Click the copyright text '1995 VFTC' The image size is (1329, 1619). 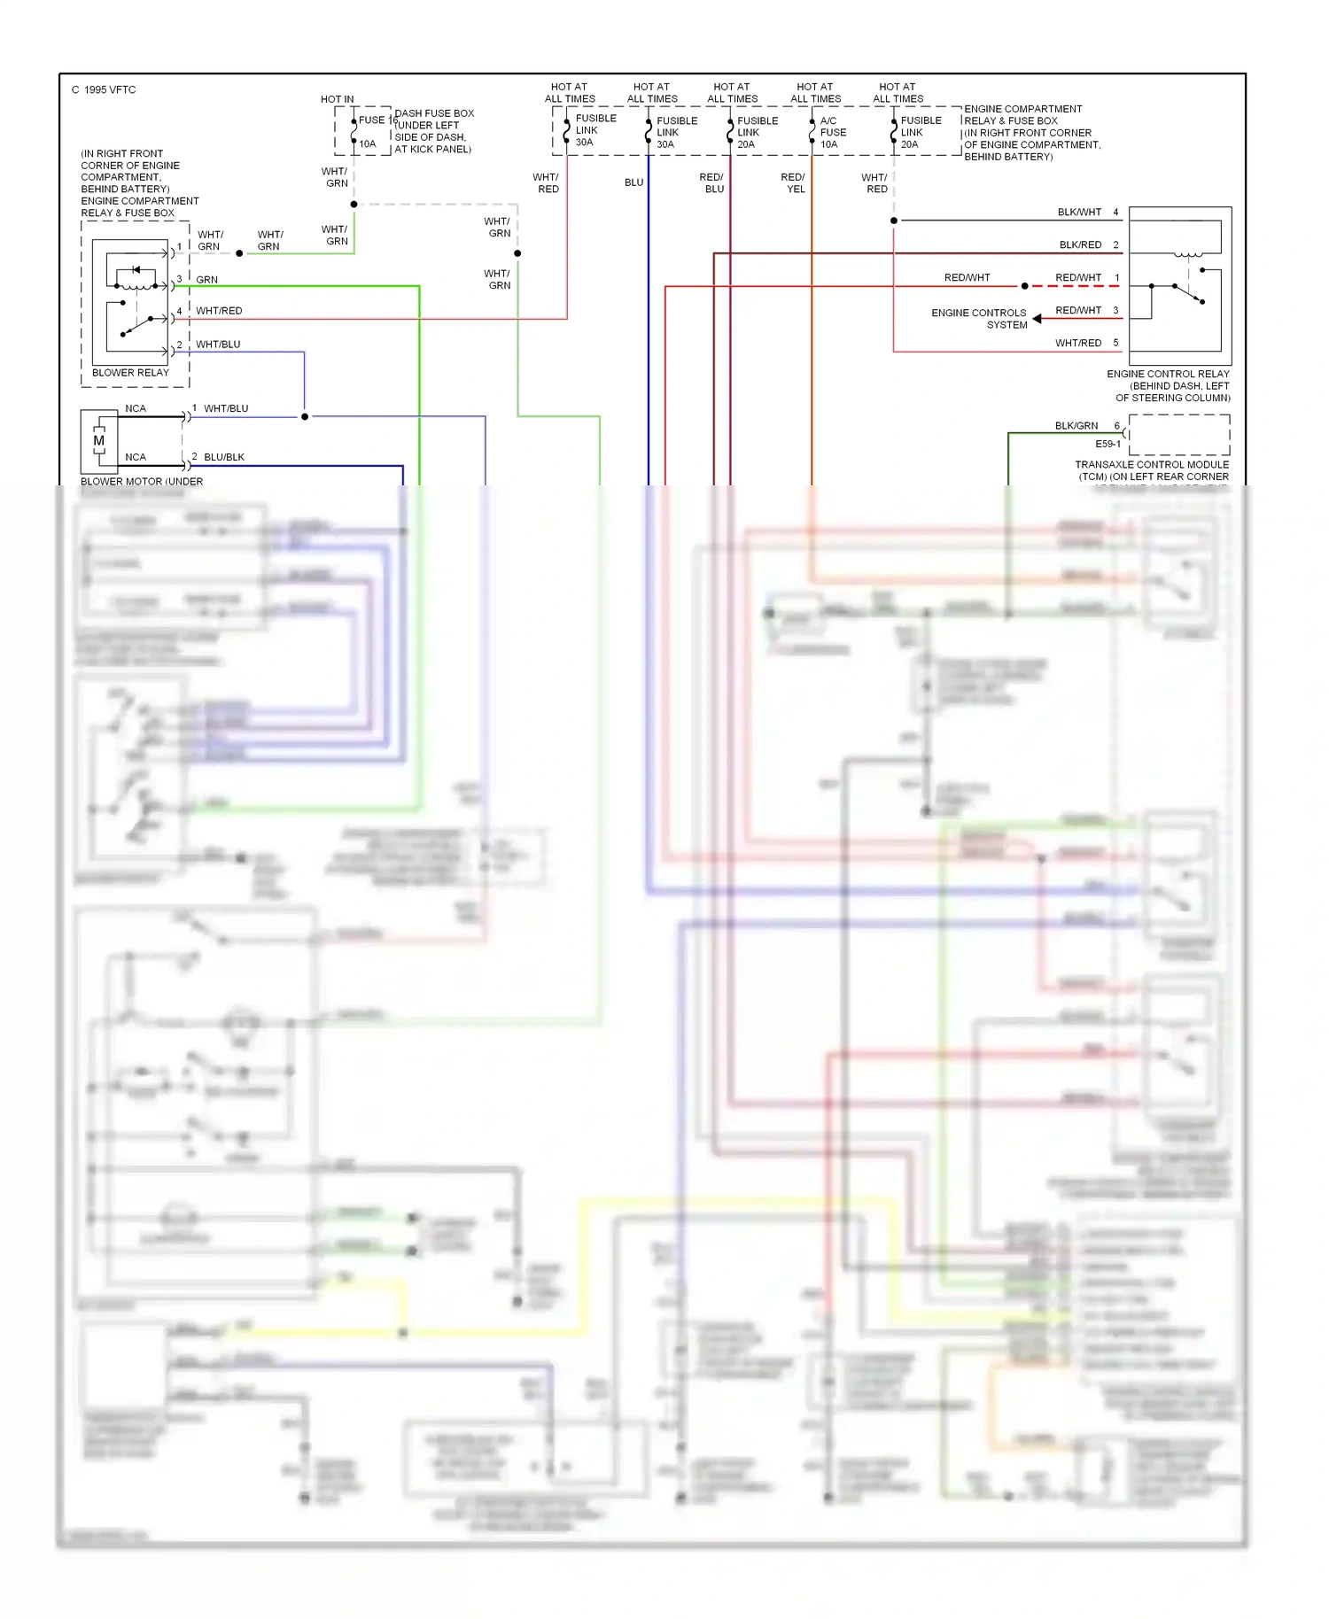coord(110,89)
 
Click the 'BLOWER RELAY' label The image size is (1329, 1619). coord(130,373)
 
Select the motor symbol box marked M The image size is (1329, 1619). coord(99,440)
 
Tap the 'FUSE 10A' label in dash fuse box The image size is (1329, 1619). coord(370,131)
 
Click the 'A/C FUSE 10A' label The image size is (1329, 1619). coord(832,132)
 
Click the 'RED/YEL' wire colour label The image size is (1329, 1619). coord(793,183)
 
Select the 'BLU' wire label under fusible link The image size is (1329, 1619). coord(633,182)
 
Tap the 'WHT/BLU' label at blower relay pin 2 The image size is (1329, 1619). coord(218,345)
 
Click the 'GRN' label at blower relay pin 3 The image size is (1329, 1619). coord(206,280)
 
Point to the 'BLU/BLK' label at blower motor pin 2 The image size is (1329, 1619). coord(224,457)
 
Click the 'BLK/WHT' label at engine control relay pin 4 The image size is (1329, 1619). coord(1079,213)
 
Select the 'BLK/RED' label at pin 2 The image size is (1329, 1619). coord(1080,245)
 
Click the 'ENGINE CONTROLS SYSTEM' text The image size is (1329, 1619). coord(980,319)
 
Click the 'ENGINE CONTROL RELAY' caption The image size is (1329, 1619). coord(1168,374)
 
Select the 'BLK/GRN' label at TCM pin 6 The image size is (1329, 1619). coord(1076,426)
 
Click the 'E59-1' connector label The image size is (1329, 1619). coord(1107,445)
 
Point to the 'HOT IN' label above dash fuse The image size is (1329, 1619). coord(337,99)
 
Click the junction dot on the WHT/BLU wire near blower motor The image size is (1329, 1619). coord(305,416)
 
